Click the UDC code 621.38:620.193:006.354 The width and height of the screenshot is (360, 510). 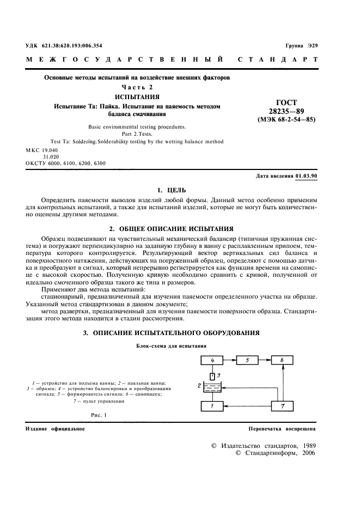pos(64,45)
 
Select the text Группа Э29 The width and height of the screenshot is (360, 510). pos(301,45)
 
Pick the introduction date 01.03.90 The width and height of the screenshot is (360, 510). pos(306,177)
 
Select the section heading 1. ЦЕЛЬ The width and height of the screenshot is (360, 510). pos(171,190)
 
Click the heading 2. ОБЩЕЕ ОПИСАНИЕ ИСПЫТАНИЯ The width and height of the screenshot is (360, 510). pos(171,228)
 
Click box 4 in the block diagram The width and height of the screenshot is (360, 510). pos(213,360)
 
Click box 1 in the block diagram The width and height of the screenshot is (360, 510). pos(213,406)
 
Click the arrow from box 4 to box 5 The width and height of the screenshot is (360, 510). pos(230,360)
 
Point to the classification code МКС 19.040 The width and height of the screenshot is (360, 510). pos(41,149)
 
